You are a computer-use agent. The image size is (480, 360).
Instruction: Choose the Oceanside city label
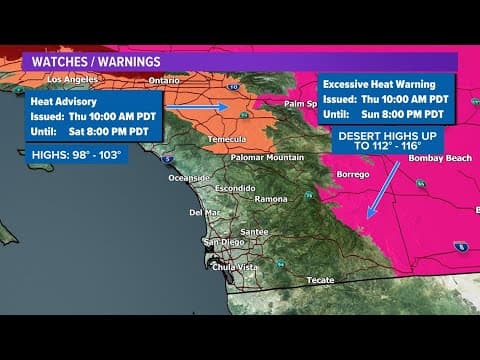tap(189, 178)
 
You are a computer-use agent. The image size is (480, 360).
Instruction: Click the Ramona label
tap(271, 199)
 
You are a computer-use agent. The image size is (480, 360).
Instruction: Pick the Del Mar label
tap(204, 212)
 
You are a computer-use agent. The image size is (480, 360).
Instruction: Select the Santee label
tap(253, 231)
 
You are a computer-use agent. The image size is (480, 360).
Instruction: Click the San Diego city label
tap(223, 243)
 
